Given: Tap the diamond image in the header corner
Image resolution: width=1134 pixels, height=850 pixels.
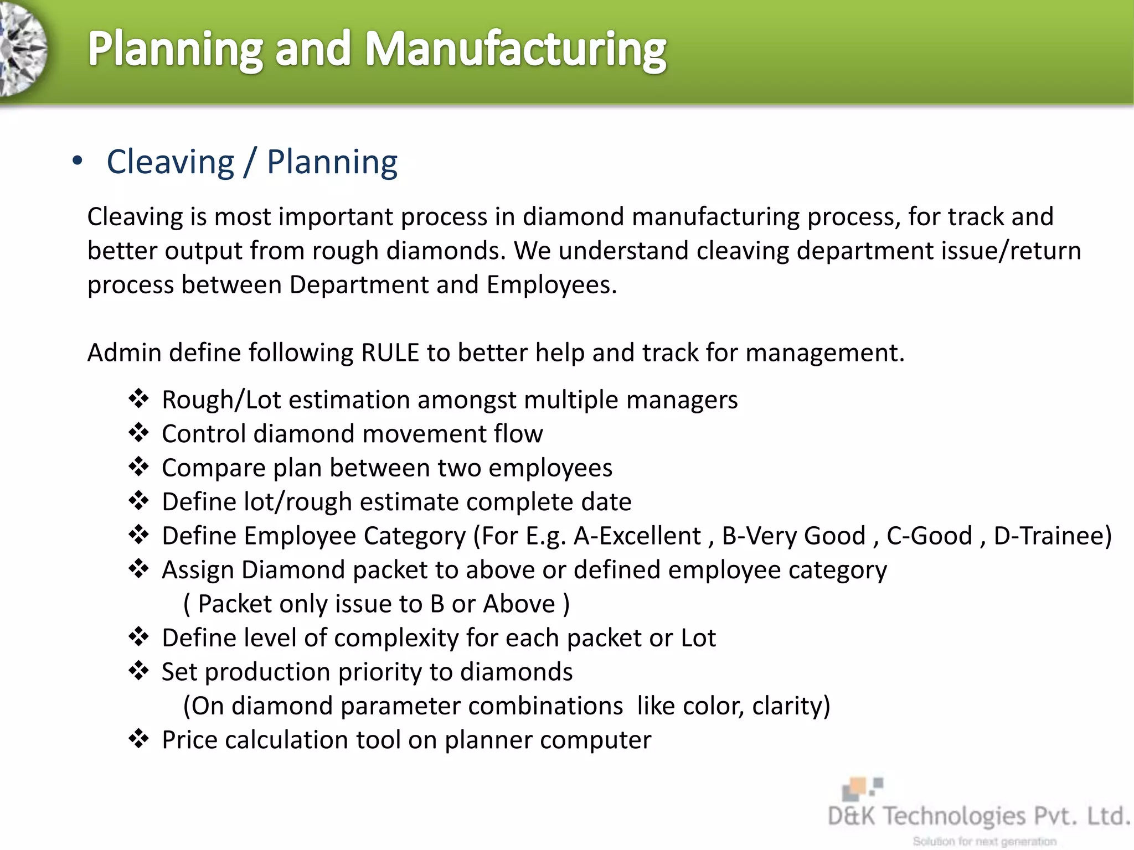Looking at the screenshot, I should [x=22, y=50].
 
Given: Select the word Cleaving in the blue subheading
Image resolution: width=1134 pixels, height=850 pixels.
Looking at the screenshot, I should [x=171, y=163].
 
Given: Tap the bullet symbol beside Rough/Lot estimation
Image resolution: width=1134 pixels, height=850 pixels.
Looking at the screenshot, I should [x=138, y=398].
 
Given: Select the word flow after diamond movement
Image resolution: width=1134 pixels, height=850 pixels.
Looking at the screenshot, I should [x=518, y=434].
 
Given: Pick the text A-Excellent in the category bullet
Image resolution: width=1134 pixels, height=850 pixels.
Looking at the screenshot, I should [x=637, y=536].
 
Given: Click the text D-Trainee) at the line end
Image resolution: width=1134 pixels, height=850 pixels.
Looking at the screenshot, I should [x=1052, y=536].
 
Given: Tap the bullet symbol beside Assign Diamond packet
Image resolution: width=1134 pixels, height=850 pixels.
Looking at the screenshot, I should [x=138, y=568].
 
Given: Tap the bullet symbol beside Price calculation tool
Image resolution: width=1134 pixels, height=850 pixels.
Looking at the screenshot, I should [x=138, y=739].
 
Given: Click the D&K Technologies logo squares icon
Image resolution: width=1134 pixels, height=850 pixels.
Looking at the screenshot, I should [x=862, y=788].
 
